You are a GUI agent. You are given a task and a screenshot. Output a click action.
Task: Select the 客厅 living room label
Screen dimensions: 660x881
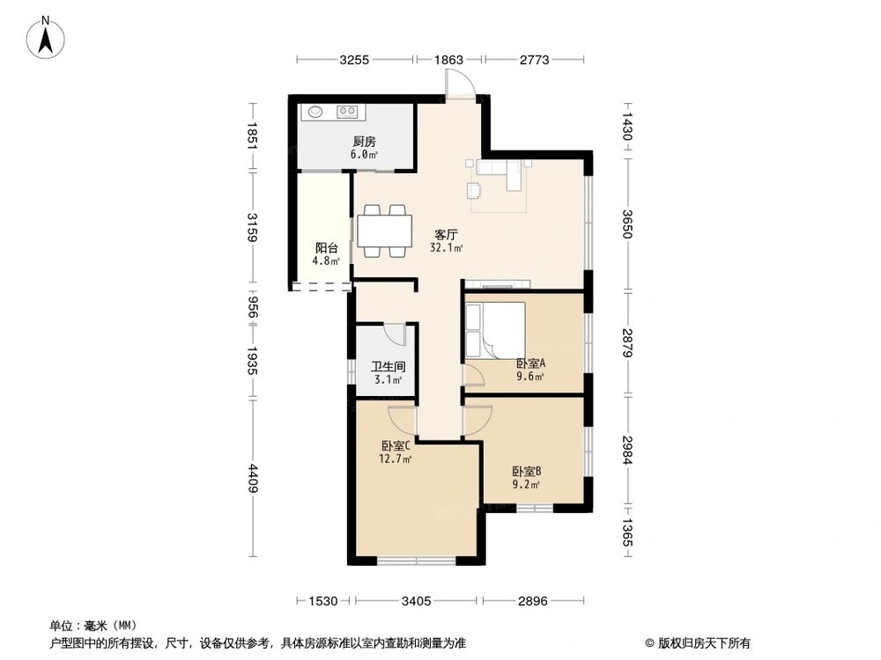point(446,235)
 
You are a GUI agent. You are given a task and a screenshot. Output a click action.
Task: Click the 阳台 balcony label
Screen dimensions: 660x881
point(326,248)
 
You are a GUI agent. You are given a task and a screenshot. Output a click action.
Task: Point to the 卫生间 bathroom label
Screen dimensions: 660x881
point(388,366)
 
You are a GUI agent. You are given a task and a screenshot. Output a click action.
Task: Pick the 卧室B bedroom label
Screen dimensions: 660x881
point(526,471)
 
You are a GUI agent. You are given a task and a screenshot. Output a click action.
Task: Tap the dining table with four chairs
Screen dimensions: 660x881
point(384,231)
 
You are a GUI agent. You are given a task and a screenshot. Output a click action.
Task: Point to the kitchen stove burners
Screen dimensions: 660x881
point(348,112)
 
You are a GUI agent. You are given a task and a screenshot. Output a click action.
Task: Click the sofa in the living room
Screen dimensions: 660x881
point(503,172)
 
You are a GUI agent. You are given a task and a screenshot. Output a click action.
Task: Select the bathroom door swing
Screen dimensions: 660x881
point(393,334)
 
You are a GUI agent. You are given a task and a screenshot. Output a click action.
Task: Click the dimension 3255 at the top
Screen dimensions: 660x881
point(353,60)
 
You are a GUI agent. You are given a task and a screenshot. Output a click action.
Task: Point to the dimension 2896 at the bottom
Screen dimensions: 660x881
point(533,602)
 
